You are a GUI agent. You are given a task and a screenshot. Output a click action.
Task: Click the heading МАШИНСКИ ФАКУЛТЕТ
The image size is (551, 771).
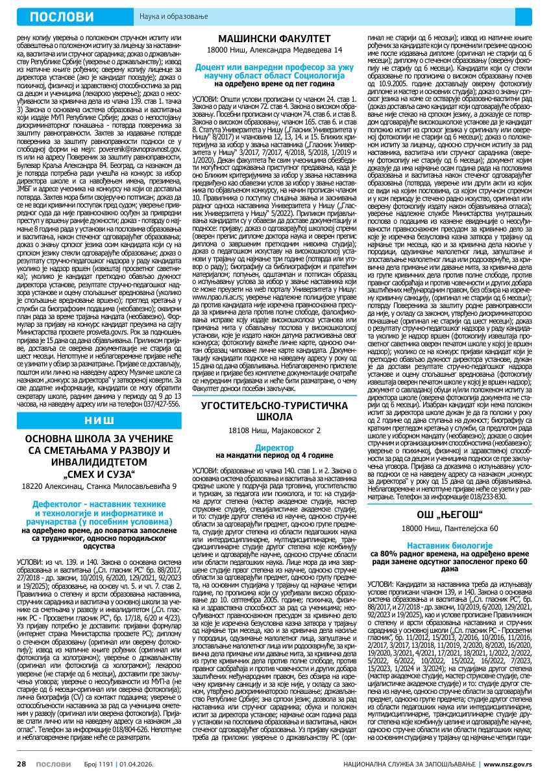click(274, 39)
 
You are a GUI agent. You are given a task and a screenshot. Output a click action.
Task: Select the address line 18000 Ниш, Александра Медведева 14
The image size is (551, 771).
click(274, 50)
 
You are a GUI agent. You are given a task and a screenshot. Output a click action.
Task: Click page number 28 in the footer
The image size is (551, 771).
click(21, 759)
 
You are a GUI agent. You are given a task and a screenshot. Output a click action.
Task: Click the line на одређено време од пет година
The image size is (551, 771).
click(274, 84)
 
